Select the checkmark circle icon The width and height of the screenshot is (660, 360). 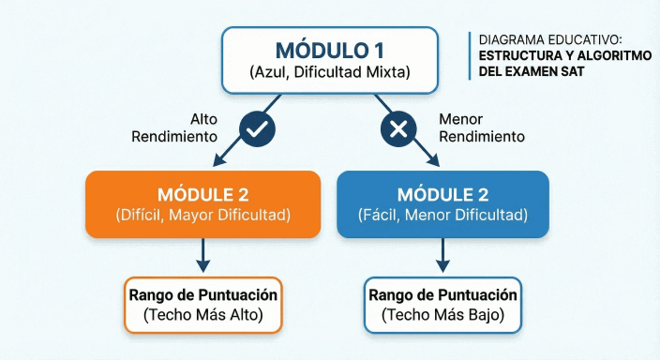tap(256, 129)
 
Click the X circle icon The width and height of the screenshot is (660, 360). tap(397, 129)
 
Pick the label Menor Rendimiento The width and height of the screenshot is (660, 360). tap(479, 128)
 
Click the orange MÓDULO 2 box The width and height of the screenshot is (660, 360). tap(203, 202)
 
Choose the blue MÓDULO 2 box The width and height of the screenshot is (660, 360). tap(443, 202)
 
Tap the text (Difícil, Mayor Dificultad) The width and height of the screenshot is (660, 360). tap(203, 215)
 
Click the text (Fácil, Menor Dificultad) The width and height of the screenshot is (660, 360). tap(443, 215)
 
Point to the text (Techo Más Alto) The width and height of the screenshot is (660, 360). tap(202, 315)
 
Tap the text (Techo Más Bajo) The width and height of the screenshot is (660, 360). tap(443, 315)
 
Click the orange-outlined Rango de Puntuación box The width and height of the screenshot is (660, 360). tap(202, 305)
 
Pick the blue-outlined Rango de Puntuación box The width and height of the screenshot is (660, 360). tap(443, 305)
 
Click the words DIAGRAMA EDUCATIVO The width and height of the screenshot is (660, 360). tap(549, 41)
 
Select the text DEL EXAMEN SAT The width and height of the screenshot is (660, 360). tap(531, 71)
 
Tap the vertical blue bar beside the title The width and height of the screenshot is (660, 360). tap(470, 55)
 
